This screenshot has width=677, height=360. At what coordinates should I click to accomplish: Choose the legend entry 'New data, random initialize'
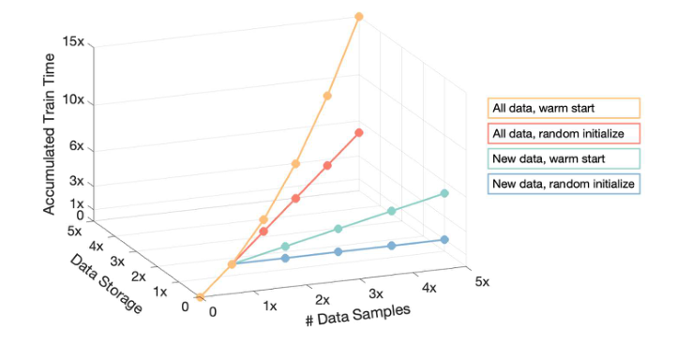(x=564, y=184)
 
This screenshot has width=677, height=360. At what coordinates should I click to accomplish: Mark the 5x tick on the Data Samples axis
(x=482, y=281)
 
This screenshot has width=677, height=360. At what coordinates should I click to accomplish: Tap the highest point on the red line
(x=359, y=133)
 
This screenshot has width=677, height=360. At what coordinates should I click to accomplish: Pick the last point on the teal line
(x=444, y=194)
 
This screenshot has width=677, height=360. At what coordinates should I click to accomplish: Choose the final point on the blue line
(x=444, y=239)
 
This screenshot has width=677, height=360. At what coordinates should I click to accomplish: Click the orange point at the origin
(x=200, y=297)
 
